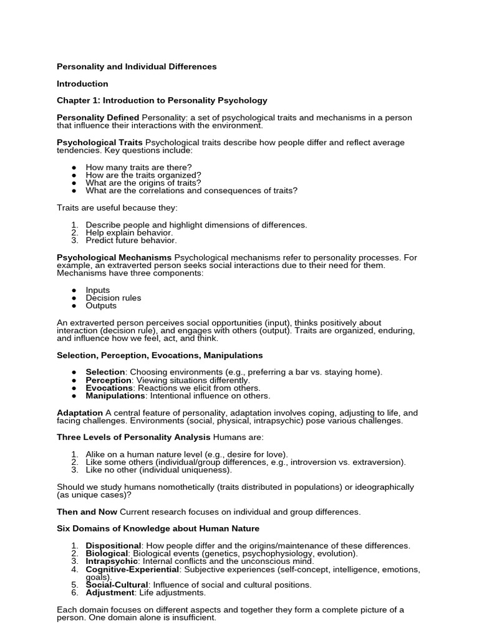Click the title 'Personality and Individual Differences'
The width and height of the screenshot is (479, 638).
click(x=137, y=67)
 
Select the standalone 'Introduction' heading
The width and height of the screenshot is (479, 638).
click(x=82, y=83)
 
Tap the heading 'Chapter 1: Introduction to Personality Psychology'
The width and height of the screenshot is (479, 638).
click(x=162, y=100)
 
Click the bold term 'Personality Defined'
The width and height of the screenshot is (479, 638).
click(x=98, y=117)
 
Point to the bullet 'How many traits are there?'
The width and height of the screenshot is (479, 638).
click(x=138, y=168)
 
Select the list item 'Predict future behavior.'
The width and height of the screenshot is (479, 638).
click(x=131, y=240)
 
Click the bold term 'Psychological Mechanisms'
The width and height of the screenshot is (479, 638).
click(x=114, y=257)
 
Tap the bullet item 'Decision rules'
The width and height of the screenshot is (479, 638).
click(x=114, y=298)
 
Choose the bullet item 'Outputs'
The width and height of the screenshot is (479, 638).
click(x=101, y=305)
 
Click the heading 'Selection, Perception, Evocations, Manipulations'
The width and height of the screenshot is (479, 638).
click(x=160, y=355)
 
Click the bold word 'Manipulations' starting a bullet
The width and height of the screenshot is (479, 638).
click(x=115, y=396)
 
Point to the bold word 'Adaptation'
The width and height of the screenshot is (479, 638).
click(x=80, y=412)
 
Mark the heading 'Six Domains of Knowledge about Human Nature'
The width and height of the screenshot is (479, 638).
click(x=153, y=528)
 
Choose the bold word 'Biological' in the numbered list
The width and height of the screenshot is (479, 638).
click(x=107, y=553)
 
